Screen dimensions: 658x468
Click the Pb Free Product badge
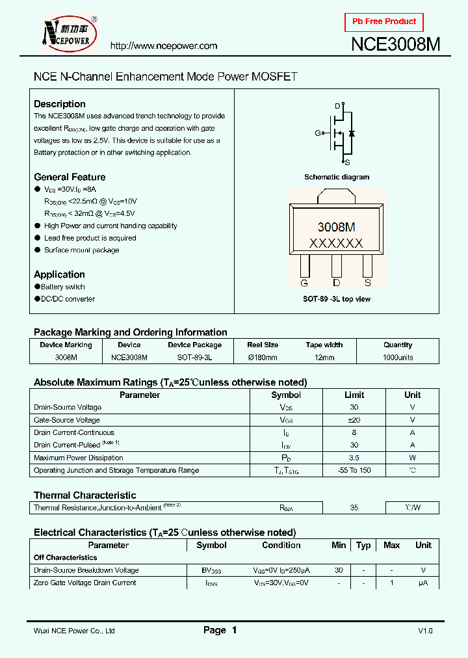click(383, 21)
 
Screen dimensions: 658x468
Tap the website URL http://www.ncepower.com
click(164, 46)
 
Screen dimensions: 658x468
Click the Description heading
click(60, 104)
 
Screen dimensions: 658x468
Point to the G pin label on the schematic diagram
click(318, 133)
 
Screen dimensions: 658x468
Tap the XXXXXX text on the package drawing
click(336, 244)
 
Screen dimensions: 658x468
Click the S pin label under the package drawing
click(367, 283)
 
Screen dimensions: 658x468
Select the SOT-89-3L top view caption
click(337, 299)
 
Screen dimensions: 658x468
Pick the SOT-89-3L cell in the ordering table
click(194, 358)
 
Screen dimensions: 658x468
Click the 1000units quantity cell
click(398, 358)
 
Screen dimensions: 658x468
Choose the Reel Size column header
click(263, 345)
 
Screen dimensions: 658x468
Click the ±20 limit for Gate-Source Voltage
click(354, 420)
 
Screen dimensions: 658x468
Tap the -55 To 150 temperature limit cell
click(354, 470)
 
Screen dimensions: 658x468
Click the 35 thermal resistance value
click(354, 508)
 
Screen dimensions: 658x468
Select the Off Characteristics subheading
click(66, 558)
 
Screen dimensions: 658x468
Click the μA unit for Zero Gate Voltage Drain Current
click(423, 583)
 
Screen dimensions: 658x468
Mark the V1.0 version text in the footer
click(425, 631)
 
